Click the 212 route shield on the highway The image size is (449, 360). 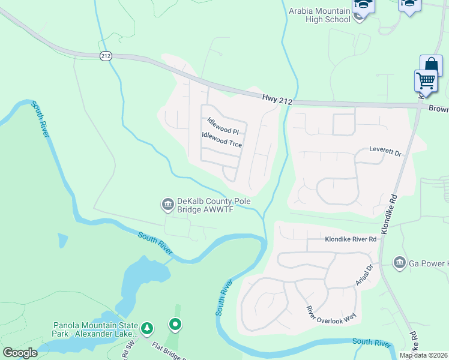coord(106,56)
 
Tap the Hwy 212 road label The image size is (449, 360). coord(277,100)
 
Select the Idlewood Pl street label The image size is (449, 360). coord(223,126)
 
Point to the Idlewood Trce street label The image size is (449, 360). coord(222,140)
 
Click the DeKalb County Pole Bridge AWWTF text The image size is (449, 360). coord(213,206)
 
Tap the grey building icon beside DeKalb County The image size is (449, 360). coord(167,205)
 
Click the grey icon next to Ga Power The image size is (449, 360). coord(400,263)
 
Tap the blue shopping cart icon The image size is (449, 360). coord(426,80)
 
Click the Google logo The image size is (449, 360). coord(20,353)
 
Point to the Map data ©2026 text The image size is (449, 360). coord(424,355)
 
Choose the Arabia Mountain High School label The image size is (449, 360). coord(319,15)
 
